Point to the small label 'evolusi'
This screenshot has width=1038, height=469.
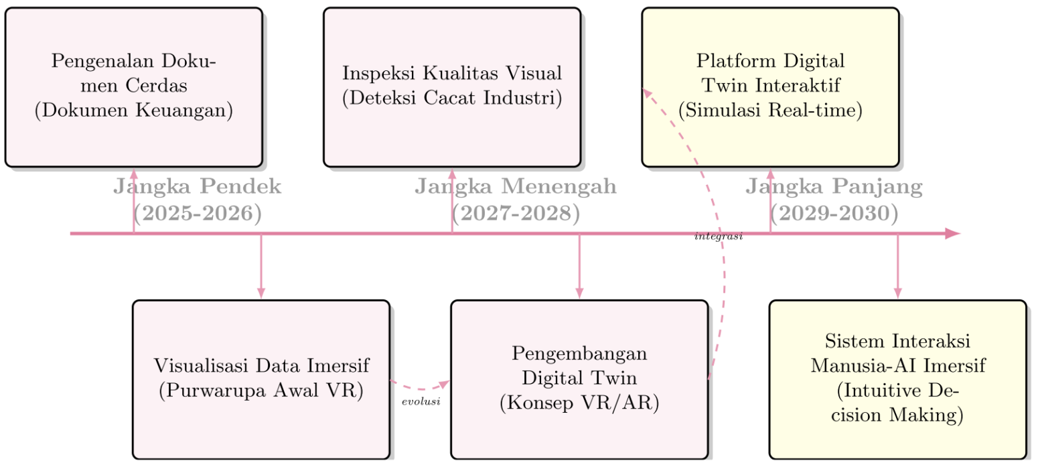[x=421, y=402]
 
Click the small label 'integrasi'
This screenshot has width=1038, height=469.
[x=719, y=237]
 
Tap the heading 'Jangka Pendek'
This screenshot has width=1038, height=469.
[x=197, y=187]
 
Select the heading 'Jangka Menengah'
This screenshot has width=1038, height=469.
[x=515, y=187]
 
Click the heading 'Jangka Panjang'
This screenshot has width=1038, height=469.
[x=834, y=187]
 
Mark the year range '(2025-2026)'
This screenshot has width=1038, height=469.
[x=197, y=214]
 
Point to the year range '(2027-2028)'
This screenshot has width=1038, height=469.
[x=515, y=214]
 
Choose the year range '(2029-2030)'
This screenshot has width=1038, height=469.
[x=834, y=214]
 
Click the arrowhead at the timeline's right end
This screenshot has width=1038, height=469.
[x=952, y=234]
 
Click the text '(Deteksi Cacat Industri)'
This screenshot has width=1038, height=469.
[x=452, y=98]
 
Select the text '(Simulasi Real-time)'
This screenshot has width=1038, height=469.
[x=770, y=110]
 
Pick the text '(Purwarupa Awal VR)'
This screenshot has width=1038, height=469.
[x=261, y=391]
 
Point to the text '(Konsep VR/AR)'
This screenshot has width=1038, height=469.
[x=579, y=403]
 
